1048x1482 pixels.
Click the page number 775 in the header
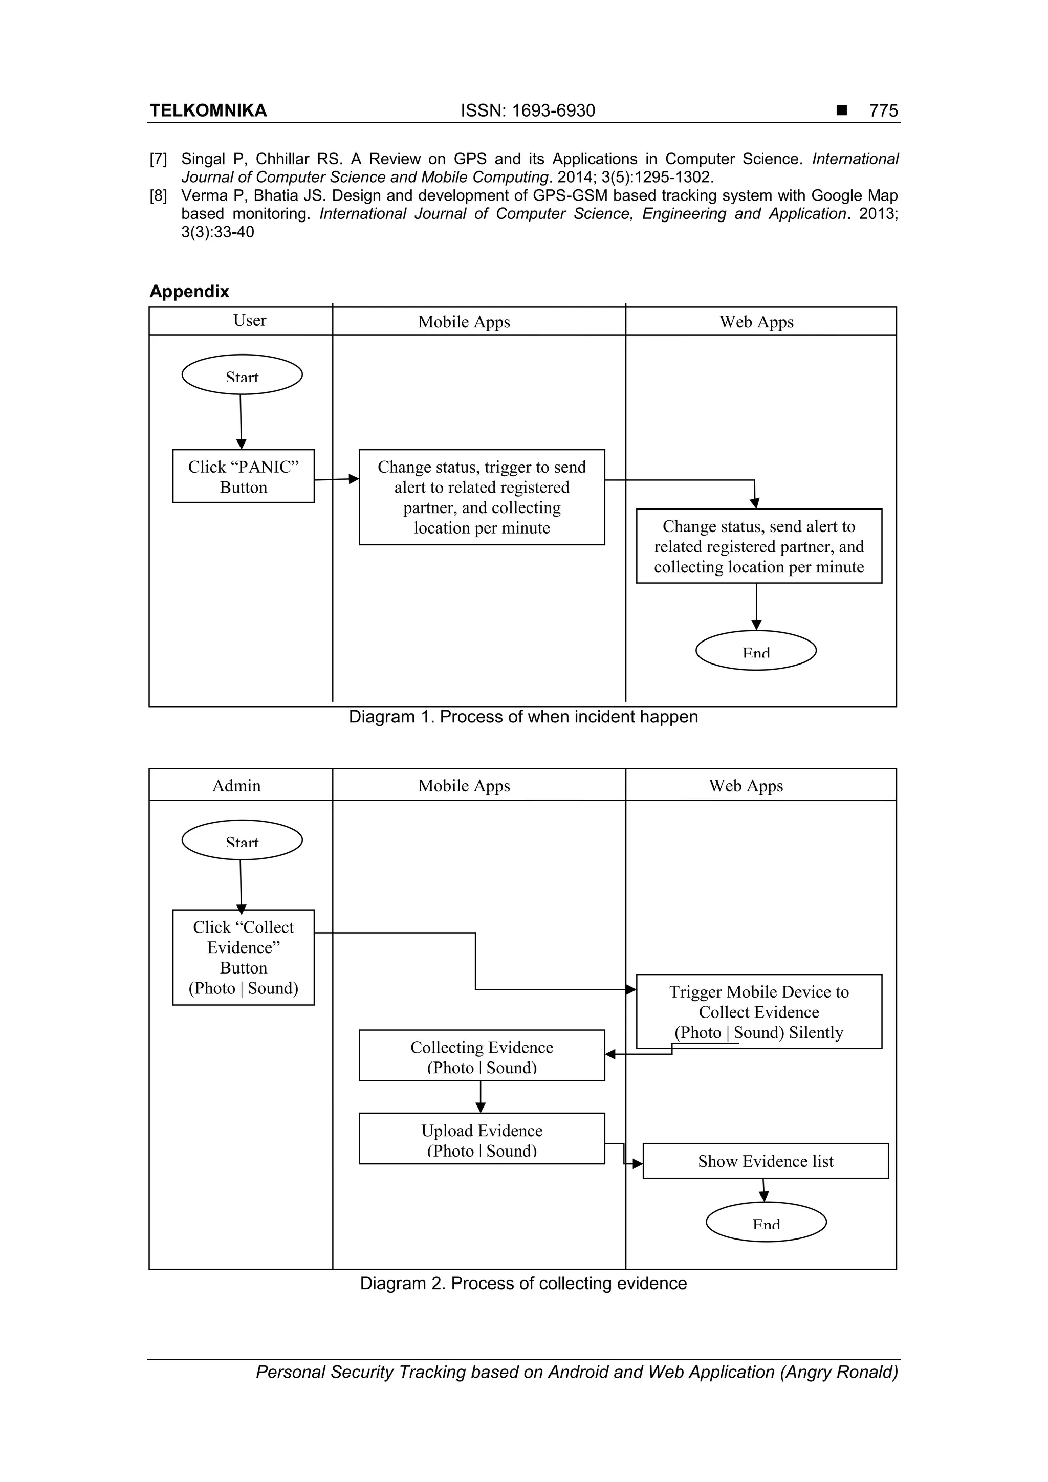click(x=883, y=111)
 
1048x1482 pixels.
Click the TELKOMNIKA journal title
click(x=208, y=111)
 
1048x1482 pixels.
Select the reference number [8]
click(x=158, y=195)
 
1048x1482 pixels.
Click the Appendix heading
click(x=189, y=291)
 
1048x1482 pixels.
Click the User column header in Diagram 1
click(x=249, y=321)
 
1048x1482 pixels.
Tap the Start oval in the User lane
click(x=242, y=375)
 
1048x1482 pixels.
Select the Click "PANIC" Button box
click(x=244, y=476)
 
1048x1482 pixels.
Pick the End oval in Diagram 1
click(x=756, y=651)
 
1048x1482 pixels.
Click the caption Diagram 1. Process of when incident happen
click(x=523, y=717)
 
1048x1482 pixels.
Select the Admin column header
click(x=236, y=786)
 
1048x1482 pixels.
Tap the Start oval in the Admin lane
click(x=242, y=840)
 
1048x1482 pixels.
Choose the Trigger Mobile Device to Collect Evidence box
click(x=759, y=1011)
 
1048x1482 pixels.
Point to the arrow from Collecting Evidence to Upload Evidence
click(x=481, y=1097)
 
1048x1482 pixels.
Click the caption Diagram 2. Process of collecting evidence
click(x=523, y=1283)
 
